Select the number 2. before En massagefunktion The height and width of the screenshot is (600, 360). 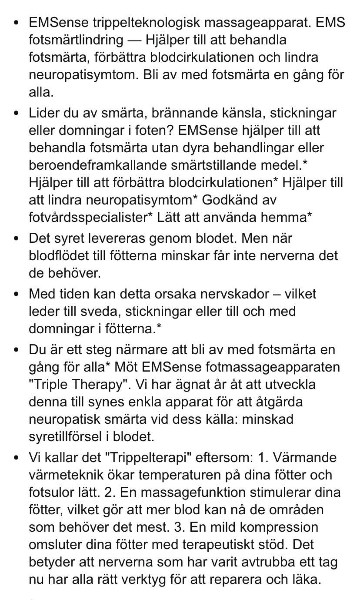tap(107, 493)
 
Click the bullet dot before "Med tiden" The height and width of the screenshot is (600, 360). tap(17, 294)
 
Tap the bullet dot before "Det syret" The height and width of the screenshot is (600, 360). tap(17, 238)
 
